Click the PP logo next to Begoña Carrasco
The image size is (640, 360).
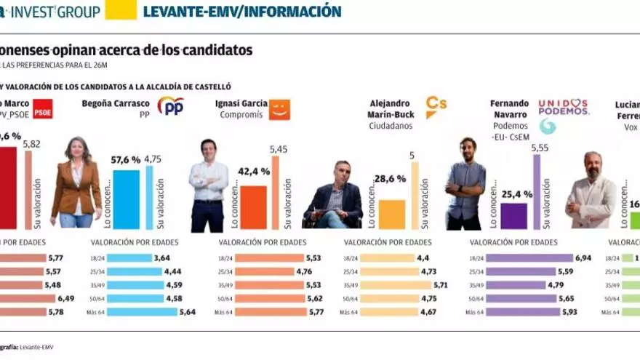170,106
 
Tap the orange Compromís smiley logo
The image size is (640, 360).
279,109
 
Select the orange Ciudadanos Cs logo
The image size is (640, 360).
436,107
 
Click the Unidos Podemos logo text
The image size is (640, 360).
563,107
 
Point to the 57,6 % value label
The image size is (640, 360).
125,159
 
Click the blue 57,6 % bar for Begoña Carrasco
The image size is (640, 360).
126,199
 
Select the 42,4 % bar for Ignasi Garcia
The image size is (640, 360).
253,207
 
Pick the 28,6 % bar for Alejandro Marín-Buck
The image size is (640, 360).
391,215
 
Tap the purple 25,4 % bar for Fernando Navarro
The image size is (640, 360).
513,216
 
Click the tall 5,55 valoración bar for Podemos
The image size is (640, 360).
537,192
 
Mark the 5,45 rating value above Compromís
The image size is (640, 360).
279,149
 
